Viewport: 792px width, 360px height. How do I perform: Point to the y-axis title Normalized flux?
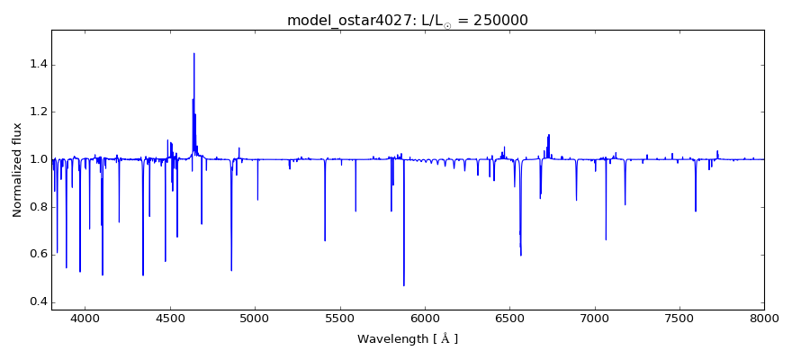[17, 169]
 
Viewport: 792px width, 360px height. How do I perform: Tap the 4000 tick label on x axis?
[85, 319]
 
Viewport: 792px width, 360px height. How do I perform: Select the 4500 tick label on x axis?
[170, 319]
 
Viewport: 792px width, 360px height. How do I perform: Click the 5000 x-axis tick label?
[255, 319]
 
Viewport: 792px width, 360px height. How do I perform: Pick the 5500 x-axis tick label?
[339, 319]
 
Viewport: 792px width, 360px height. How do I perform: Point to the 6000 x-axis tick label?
[424, 319]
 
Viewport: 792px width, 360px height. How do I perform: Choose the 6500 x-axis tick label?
[509, 319]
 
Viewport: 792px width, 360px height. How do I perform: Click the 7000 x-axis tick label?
[594, 319]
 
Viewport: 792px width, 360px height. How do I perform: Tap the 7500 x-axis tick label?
[679, 319]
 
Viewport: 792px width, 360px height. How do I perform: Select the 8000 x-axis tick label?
[763, 319]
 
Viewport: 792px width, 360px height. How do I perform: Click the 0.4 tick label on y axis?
[37, 301]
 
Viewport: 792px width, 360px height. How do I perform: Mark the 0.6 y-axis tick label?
[37, 254]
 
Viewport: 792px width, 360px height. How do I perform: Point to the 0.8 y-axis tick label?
[37, 206]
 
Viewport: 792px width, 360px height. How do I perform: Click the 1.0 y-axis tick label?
[37, 159]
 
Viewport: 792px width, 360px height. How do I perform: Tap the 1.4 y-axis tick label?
[37, 65]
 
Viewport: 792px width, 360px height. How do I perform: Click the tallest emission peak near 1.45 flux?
[193, 54]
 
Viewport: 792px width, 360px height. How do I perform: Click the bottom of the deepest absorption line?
[403, 284]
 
